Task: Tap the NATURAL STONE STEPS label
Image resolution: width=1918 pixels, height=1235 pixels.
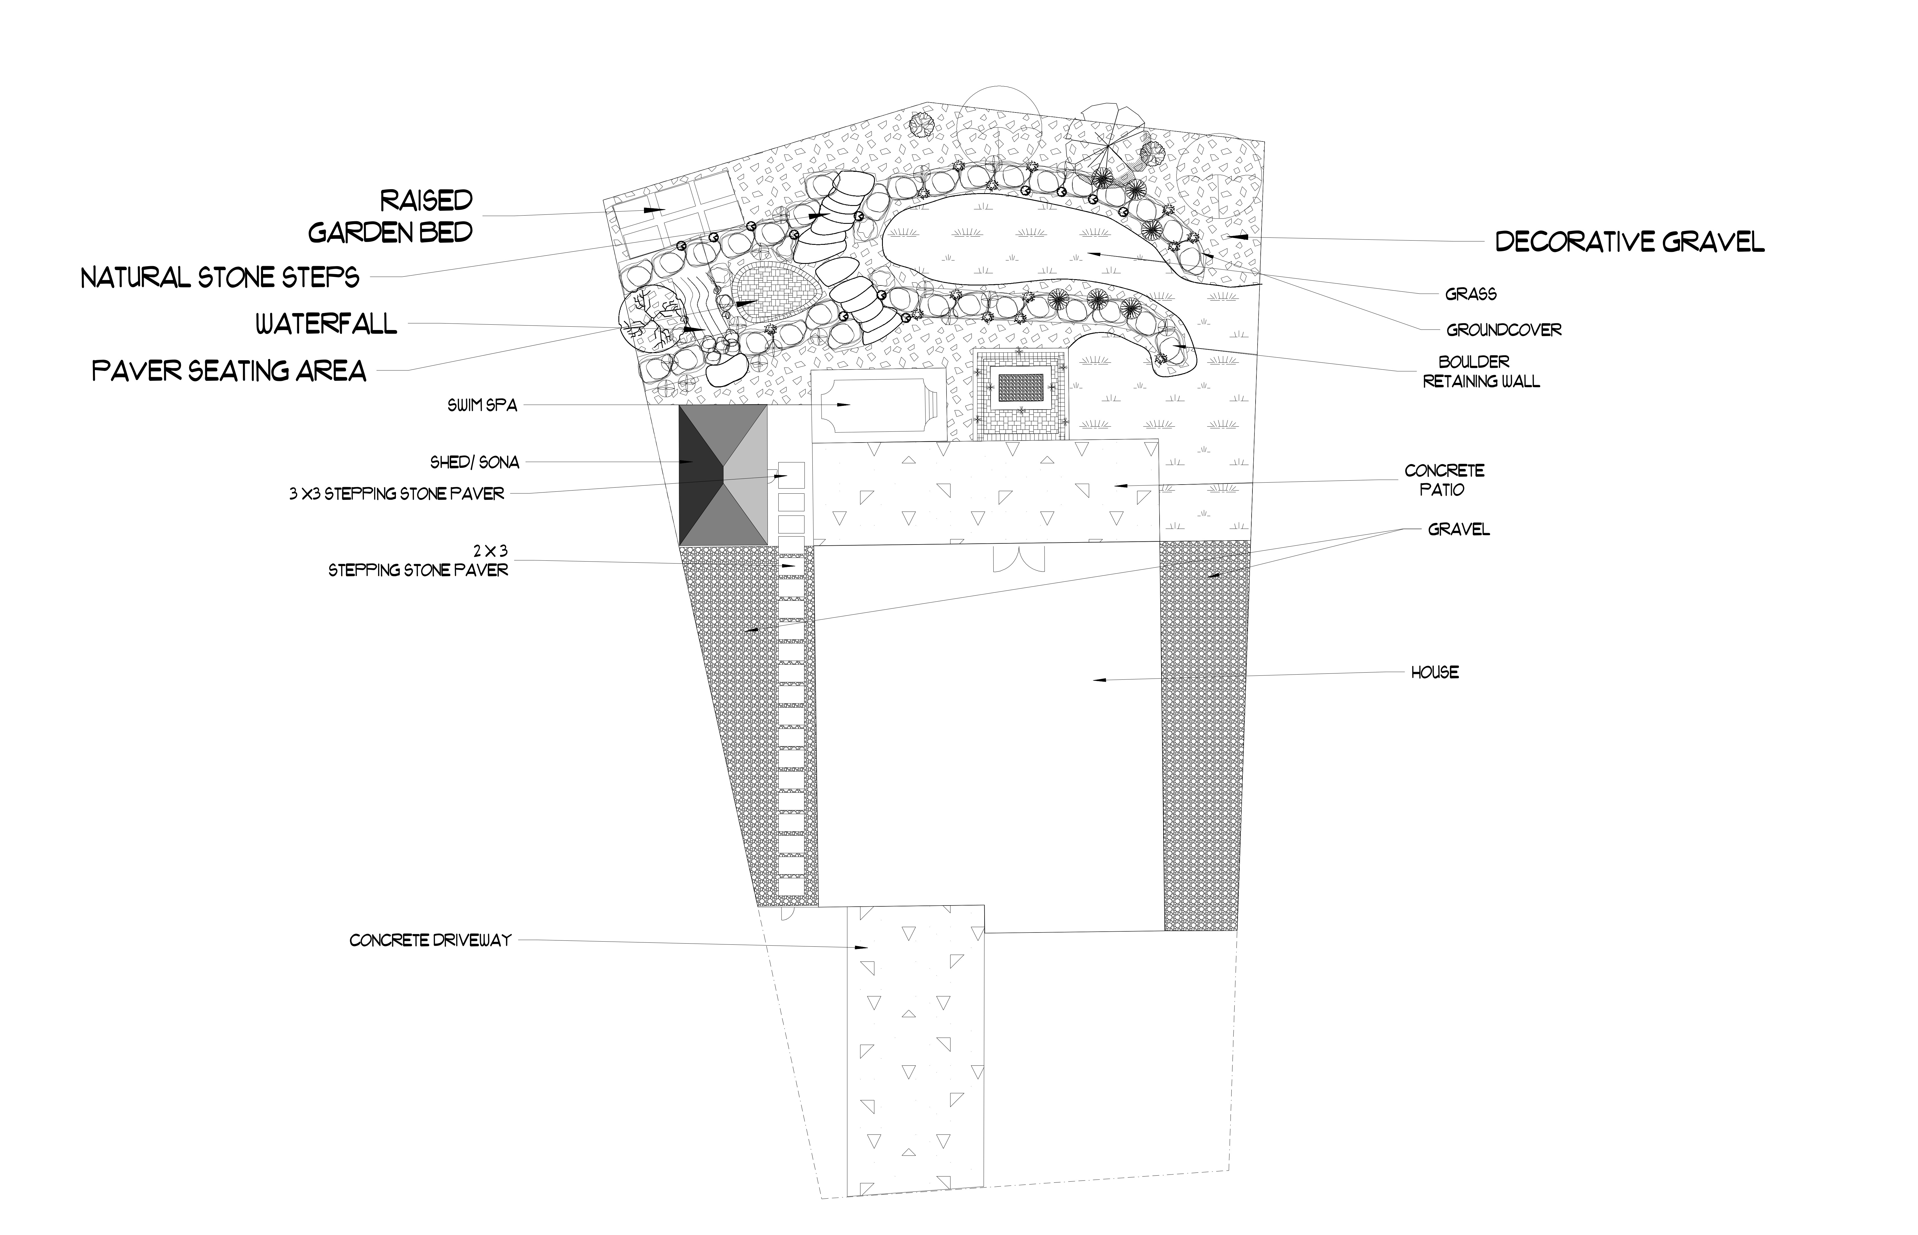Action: [x=220, y=278]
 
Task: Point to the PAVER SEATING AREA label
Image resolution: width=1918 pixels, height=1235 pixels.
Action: [x=229, y=370]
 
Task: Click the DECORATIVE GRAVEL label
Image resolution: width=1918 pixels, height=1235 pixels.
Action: [x=1630, y=241]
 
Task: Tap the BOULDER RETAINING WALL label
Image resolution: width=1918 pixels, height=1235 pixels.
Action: [x=1481, y=372]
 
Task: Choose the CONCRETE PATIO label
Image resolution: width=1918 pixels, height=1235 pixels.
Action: [x=1444, y=479]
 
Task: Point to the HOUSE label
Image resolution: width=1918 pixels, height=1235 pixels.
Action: [x=1435, y=672]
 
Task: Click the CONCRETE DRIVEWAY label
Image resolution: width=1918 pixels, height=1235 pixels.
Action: [x=430, y=940]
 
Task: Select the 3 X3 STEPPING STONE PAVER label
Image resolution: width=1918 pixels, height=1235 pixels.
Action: [x=397, y=494]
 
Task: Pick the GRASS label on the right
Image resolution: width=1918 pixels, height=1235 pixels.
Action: [x=1471, y=294]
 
